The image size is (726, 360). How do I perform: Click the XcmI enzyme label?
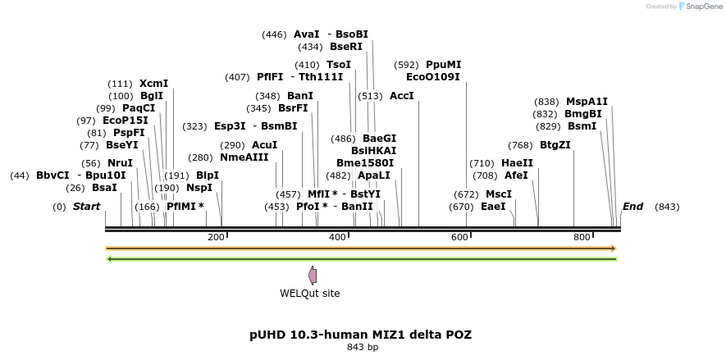click(153, 84)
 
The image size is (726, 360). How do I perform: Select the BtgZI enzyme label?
click(555, 145)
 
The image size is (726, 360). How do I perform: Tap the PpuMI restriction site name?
click(443, 65)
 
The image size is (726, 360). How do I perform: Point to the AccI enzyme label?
click(402, 96)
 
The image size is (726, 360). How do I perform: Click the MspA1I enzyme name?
click(587, 102)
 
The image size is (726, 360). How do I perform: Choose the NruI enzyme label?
click(120, 163)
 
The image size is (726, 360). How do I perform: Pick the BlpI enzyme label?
click(207, 175)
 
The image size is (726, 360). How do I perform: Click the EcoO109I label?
click(433, 77)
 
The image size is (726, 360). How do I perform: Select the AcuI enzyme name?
click(264, 145)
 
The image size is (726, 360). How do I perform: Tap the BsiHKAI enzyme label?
click(373, 151)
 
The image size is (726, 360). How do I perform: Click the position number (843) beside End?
click(667, 207)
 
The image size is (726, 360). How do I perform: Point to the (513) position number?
click(370, 96)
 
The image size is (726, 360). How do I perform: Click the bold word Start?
click(86, 207)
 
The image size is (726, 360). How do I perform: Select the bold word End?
click(632, 207)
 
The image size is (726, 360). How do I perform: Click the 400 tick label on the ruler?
click(337, 237)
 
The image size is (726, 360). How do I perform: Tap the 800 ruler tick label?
click(582, 237)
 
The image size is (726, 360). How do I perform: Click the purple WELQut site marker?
click(313, 275)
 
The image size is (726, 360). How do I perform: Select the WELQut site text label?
click(309, 294)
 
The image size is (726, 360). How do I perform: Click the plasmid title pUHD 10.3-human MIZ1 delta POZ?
click(360, 335)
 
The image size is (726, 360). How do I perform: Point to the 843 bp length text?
click(363, 348)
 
